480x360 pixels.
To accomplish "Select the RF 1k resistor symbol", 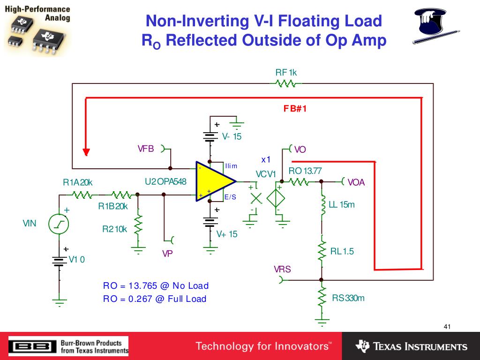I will pos(285,83).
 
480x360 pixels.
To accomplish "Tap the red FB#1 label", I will pos(294,109).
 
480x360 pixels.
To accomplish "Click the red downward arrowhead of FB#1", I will pos(86,152).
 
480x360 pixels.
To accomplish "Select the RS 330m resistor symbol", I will pos(322,296).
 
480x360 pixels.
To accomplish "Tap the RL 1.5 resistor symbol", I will pos(322,251).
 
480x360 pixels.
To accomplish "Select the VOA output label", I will pos(356,182).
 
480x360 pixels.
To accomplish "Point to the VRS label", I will pos(282,270).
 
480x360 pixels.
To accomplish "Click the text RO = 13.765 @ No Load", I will pos(156,286).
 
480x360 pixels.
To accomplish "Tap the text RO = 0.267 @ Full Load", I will pos(155,299).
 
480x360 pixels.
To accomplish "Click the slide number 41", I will pos(446,327).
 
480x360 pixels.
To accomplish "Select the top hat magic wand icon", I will pos(431,27).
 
